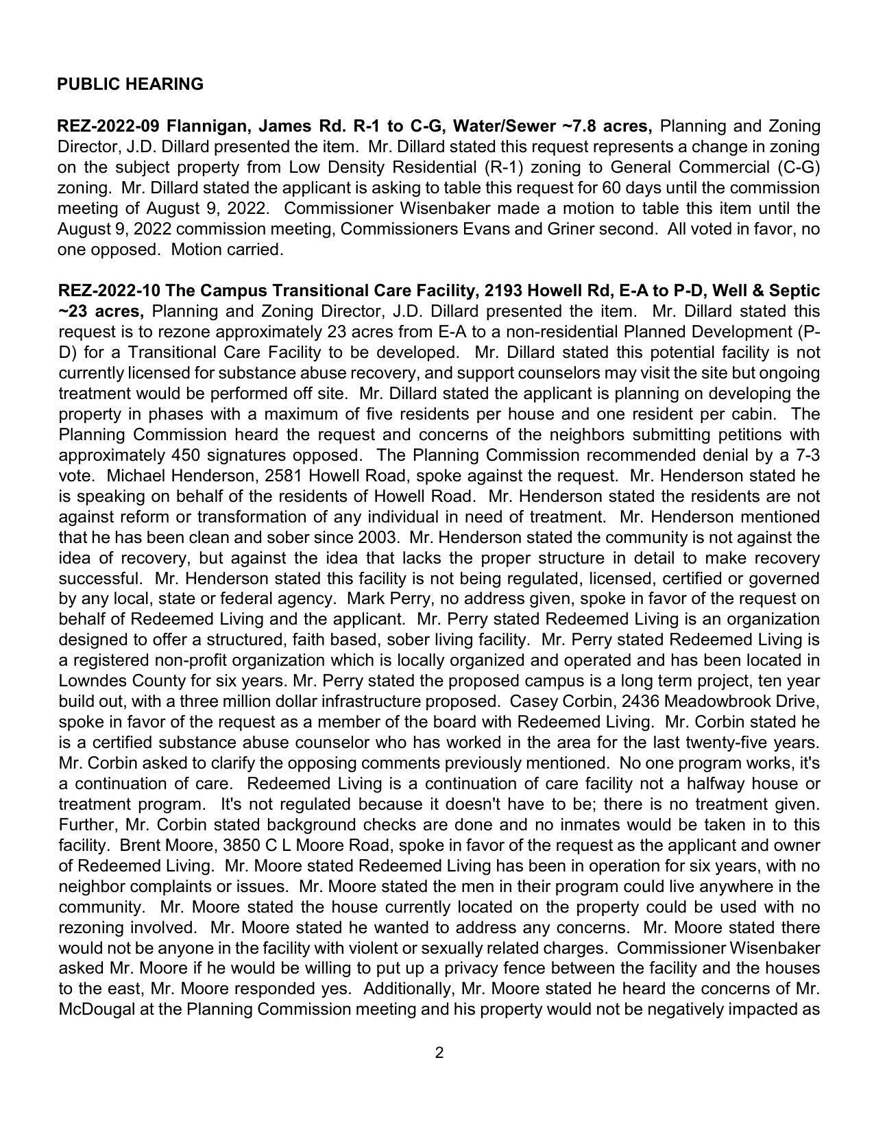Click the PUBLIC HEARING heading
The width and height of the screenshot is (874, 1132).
[x=130, y=84]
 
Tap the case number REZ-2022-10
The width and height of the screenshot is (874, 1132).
[x=109, y=291]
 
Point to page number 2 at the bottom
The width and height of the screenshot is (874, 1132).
[x=439, y=1052]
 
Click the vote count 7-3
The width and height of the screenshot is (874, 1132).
[x=805, y=455]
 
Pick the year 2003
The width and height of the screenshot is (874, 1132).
[x=376, y=538]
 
